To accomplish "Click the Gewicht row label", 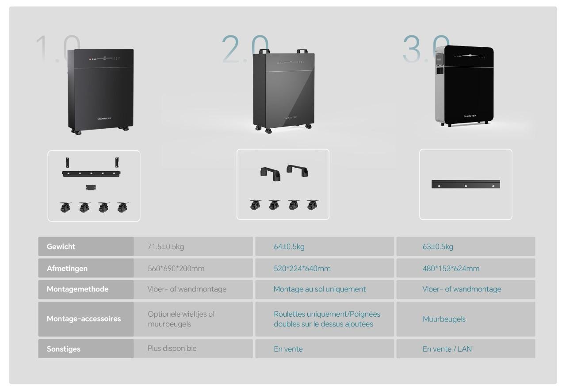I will point(61,247).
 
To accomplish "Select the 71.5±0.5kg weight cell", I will point(165,247).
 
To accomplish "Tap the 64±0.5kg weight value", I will point(289,247).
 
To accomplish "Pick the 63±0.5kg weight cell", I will point(438,247).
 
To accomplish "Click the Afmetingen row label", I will point(67,268).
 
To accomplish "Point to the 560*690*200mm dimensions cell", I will point(176,268).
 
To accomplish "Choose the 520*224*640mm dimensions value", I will point(302,268).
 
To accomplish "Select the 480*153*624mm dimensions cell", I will point(451,268).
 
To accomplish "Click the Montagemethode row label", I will point(77,289).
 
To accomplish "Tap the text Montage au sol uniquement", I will point(319,289).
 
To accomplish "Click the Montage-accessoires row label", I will point(84,319).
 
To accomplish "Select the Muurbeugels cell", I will point(444,319).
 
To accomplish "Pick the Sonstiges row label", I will point(64,349).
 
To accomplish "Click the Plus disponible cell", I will point(172,349).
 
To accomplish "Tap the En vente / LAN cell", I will point(447,349).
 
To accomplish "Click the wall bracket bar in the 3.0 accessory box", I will point(466,184).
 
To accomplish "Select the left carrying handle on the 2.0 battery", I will point(264,51).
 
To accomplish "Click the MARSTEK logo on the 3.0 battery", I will point(470,116).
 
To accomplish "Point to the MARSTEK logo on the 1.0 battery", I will point(104,119).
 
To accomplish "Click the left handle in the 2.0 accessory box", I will point(270,171).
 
